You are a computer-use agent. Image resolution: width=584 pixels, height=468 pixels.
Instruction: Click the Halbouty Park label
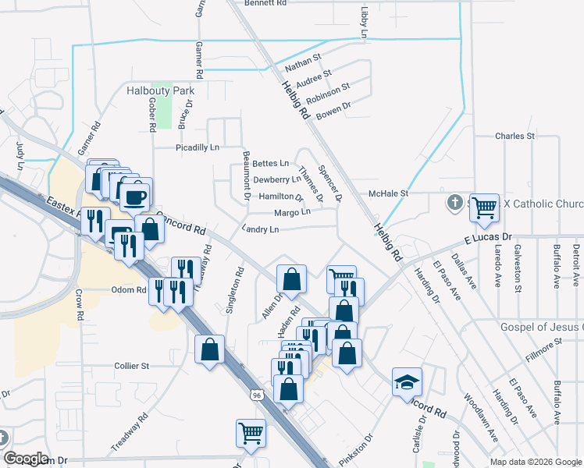point(160,91)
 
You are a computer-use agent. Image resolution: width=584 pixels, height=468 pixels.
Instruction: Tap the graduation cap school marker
point(407,382)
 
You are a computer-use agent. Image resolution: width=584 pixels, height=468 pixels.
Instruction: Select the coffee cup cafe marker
point(136,195)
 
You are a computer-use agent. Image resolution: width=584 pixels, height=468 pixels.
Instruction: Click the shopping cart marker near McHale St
point(485,207)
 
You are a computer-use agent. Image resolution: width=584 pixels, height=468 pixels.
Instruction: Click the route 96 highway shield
point(255,395)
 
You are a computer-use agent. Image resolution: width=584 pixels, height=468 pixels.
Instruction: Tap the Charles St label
point(515,136)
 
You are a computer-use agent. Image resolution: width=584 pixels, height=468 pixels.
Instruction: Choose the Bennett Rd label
point(265,3)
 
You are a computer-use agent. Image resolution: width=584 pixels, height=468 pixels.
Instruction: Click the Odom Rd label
point(130,290)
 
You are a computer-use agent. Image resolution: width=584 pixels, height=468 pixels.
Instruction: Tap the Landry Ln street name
point(260,229)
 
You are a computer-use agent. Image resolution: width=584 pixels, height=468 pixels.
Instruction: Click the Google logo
point(26,459)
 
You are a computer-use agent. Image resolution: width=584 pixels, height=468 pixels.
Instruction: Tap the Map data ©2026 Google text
point(535,462)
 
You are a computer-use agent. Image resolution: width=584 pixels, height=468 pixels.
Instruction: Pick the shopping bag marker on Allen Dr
point(291,278)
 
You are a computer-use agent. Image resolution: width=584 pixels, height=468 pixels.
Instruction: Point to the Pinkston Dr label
point(356,449)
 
